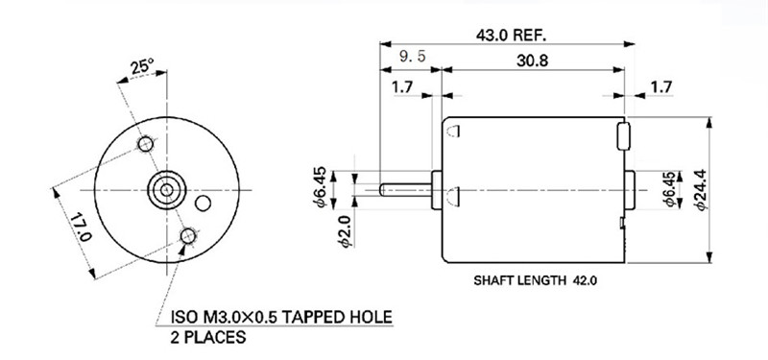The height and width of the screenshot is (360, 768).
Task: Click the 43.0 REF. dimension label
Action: pyautogui.click(x=511, y=36)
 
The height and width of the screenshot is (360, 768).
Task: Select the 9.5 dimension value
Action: pyautogui.click(x=413, y=57)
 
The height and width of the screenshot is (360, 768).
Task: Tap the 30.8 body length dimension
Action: pyautogui.click(x=533, y=60)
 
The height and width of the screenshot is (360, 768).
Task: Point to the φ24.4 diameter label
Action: pyautogui.click(x=702, y=189)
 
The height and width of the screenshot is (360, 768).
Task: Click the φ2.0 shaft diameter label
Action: pyautogui.click(x=346, y=231)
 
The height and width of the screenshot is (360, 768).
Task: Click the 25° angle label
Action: pyautogui.click(x=142, y=66)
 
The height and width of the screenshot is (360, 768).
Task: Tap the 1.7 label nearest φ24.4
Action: pyautogui.click(x=660, y=87)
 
